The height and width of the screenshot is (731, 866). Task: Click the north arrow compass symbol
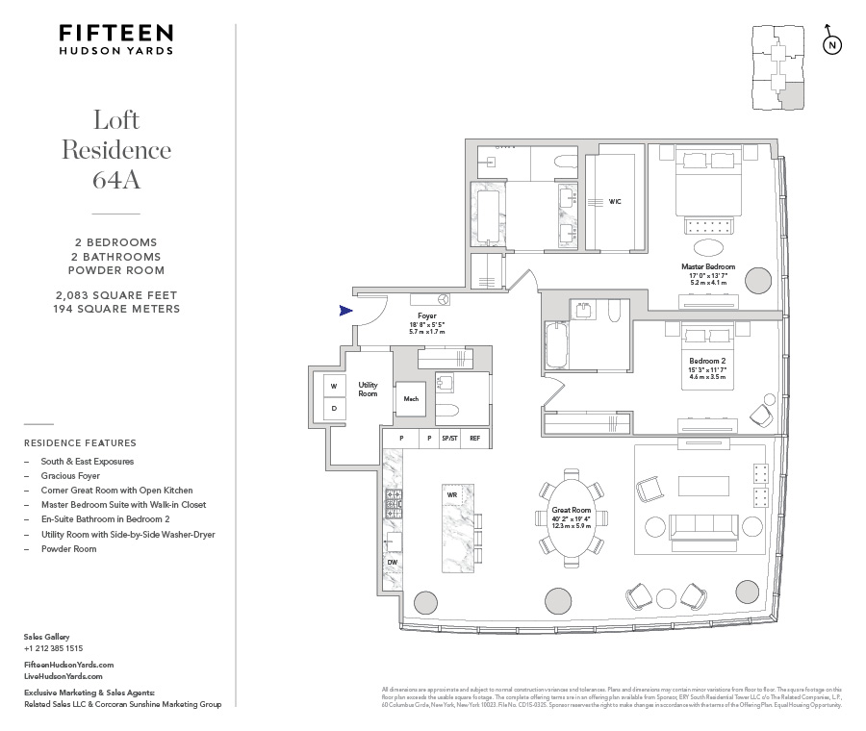pyautogui.click(x=832, y=44)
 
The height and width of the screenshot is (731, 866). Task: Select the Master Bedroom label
pyautogui.click(x=708, y=266)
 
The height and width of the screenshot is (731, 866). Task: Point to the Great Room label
pyautogui.click(x=571, y=510)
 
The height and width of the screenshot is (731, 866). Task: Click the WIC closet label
pyautogui.click(x=615, y=202)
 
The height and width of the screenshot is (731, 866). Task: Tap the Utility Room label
pyautogui.click(x=368, y=390)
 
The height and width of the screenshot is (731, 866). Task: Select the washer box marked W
pyautogui.click(x=334, y=387)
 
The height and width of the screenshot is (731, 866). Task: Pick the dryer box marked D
pyautogui.click(x=334, y=408)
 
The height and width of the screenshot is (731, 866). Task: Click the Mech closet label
pyautogui.click(x=411, y=398)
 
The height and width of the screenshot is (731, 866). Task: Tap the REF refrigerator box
pyautogui.click(x=474, y=439)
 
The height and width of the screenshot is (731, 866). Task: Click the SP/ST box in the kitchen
pyautogui.click(x=449, y=439)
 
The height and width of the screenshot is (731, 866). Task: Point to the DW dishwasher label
pyautogui.click(x=393, y=562)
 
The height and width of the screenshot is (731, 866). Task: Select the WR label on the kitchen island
pyautogui.click(x=451, y=494)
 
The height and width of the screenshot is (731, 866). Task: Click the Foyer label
pyautogui.click(x=427, y=315)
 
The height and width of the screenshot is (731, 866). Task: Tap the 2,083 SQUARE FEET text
pyautogui.click(x=116, y=294)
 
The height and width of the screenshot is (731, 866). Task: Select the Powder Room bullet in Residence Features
pyautogui.click(x=68, y=549)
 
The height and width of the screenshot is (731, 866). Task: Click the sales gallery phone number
pyautogui.click(x=53, y=648)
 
